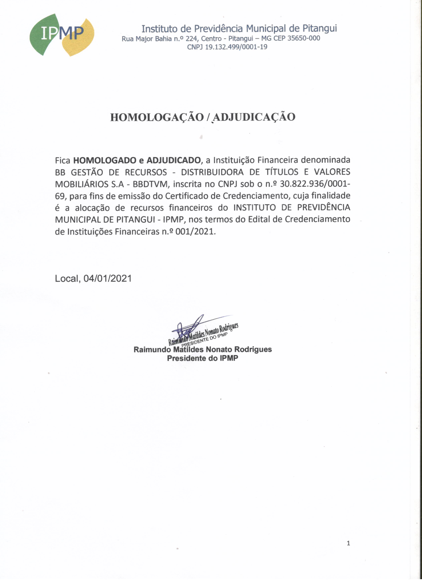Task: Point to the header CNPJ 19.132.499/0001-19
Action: point(227,47)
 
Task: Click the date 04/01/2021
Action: point(108,278)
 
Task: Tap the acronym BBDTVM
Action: point(150,184)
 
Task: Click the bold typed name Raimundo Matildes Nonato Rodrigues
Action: point(203,349)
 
